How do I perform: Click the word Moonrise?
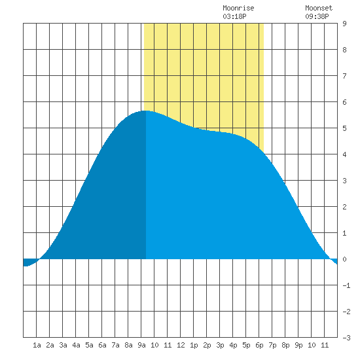click(x=238, y=8)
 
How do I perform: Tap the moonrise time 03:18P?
click(x=234, y=16)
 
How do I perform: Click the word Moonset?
click(x=319, y=8)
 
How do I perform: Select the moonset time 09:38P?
click(x=317, y=16)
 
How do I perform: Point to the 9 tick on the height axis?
click(x=344, y=24)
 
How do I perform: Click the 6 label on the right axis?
click(x=344, y=102)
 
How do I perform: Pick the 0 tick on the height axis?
click(x=344, y=259)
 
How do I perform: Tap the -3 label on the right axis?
click(x=346, y=338)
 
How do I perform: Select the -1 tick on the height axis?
click(x=346, y=285)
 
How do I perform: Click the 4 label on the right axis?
click(x=344, y=154)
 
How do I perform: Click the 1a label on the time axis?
click(x=37, y=345)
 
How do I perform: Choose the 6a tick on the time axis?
click(x=102, y=345)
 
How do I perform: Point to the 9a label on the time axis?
click(x=141, y=345)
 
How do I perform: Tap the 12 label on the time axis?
click(x=181, y=345)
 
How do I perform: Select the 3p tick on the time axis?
click(x=220, y=345)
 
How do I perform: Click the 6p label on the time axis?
click(x=259, y=345)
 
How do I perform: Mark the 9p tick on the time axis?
click(x=298, y=345)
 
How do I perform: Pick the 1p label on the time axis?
click(x=194, y=345)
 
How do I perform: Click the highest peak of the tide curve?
click(x=145, y=111)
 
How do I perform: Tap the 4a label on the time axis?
click(x=76, y=345)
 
